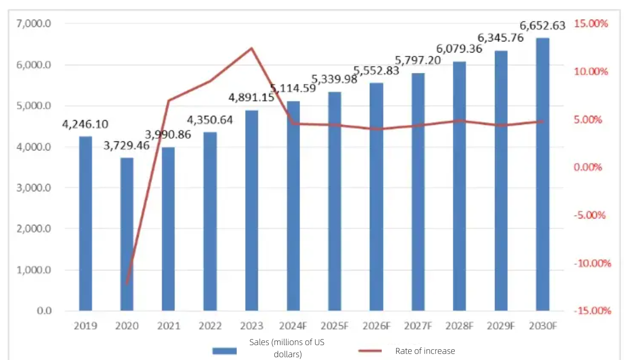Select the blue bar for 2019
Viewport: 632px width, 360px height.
click(85, 223)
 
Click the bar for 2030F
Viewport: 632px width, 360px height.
click(542, 174)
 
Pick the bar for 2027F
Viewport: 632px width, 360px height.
click(417, 191)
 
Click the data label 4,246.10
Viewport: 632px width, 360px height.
click(85, 124)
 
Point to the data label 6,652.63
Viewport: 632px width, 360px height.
click(542, 26)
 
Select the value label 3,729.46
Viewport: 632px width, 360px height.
click(127, 145)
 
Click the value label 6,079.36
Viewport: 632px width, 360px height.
click(459, 48)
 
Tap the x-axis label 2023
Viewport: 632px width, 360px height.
click(252, 326)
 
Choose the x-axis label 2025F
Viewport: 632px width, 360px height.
click(335, 326)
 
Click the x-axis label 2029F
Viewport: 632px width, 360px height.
click(501, 326)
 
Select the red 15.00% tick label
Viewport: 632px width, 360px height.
click(591, 24)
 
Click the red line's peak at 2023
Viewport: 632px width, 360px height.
click(251, 48)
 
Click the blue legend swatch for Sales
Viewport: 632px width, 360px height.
click(224, 351)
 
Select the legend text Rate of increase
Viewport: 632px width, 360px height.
click(425, 351)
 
